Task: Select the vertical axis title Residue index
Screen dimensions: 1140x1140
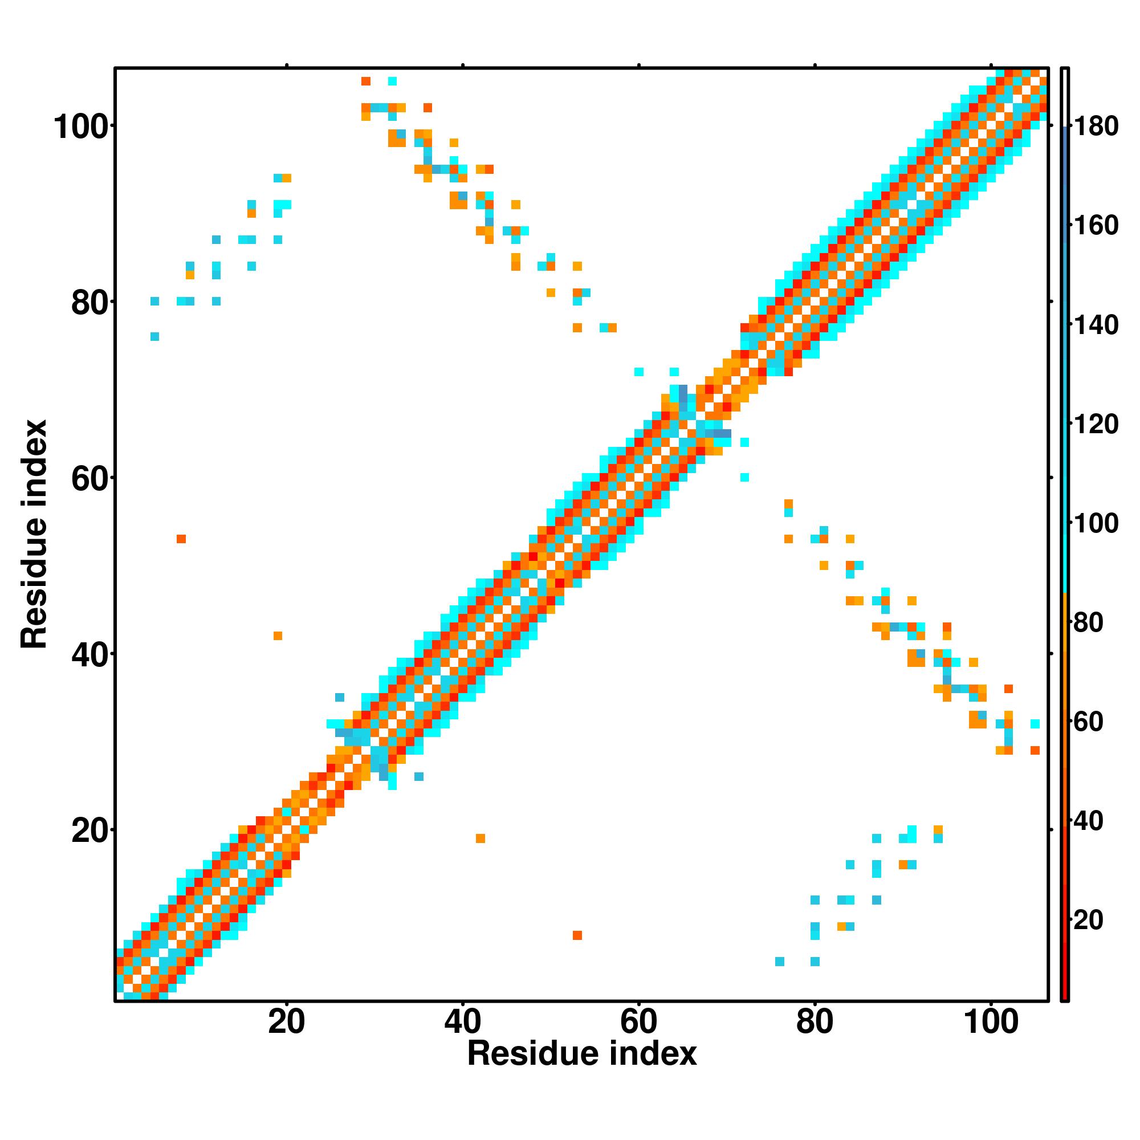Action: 34,534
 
